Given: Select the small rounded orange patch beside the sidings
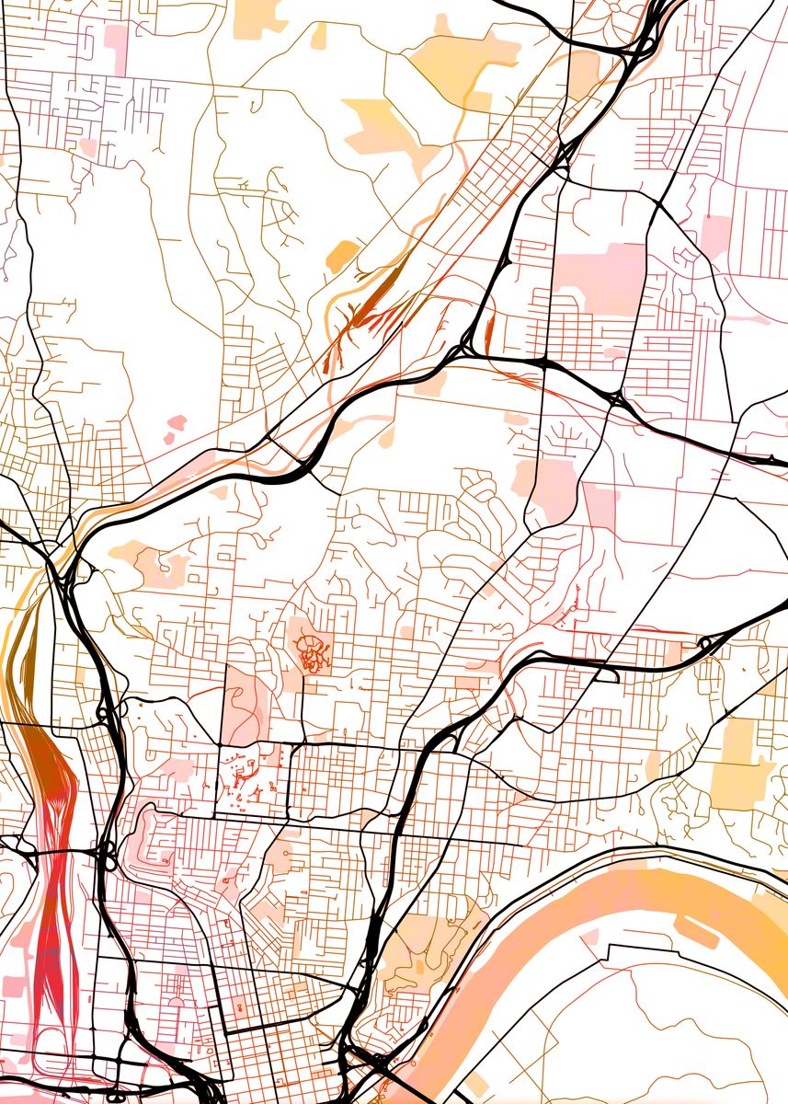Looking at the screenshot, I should point(341,254).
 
